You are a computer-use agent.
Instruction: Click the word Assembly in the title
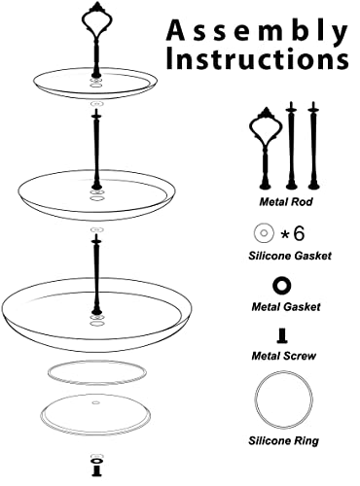tap(257, 32)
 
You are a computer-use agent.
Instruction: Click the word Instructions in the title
tap(258, 59)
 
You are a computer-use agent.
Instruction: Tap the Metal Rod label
tap(286, 202)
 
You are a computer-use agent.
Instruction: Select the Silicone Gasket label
tap(290, 256)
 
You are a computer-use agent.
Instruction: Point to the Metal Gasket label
tap(286, 306)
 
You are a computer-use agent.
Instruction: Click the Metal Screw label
tap(284, 356)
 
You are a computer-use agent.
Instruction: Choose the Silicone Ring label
tap(284, 440)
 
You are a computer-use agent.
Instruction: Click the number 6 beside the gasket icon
tap(299, 233)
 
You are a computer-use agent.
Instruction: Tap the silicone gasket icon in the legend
tap(264, 233)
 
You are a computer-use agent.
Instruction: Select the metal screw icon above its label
tap(283, 336)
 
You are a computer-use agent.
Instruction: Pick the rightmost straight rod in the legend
tap(313, 146)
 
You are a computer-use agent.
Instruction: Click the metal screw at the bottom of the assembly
tap(96, 471)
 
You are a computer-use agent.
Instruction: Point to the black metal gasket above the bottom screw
tap(96, 461)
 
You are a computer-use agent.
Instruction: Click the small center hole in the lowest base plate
tap(95, 402)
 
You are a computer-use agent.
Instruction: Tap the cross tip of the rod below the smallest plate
tap(96, 115)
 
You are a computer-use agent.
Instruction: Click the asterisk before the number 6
tap(285, 234)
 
